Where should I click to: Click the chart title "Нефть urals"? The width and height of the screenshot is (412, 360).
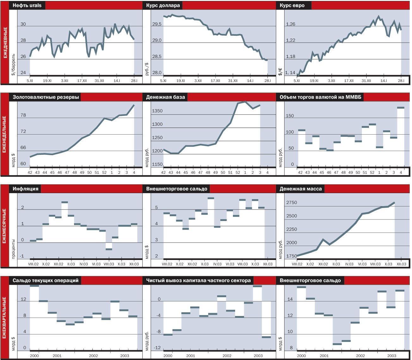click(27, 5)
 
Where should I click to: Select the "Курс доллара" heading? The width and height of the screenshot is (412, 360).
click(163, 5)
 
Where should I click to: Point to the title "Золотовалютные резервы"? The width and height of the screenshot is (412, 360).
click(46, 97)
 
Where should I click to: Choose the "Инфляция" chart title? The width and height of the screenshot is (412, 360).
click(26, 189)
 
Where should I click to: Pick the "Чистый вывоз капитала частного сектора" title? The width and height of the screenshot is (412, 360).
click(198, 281)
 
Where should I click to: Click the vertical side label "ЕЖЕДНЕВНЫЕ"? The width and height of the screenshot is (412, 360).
click(5, 43)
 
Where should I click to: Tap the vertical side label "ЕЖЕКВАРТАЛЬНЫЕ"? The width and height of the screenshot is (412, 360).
click(4, 318)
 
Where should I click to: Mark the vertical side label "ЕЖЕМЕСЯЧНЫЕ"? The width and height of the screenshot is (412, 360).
click(4, 226)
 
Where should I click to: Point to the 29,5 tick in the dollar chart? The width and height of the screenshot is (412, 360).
click(157, 24)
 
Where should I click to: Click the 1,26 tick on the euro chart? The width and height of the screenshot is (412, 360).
click(290, 24)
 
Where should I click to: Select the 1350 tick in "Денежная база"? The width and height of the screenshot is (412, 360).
click(157, 111)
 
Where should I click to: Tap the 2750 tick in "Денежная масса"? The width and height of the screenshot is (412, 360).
click(291, 203)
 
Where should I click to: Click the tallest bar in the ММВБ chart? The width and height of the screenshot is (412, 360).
click(401, 108)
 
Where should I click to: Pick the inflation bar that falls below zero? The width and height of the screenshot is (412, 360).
click(109, 249)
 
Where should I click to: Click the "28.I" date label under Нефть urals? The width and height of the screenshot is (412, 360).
click(134, 81)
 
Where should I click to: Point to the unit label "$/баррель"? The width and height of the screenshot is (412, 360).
click(13, 64)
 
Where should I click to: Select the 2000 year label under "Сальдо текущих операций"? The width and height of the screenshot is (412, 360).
click(34, 356)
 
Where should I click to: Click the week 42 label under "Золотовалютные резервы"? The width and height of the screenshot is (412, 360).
click(30, 173)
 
